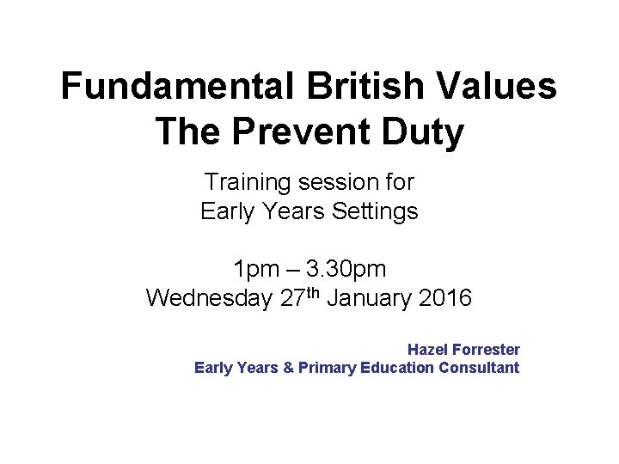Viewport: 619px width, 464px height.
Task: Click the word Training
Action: (x=248, y=183)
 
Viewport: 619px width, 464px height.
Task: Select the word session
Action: (x=332, y=183)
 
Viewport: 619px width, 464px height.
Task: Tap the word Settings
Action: (x=377, y=211)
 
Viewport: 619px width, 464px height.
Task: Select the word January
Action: (x=369, y=299)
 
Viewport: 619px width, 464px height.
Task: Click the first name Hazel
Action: (x=426, y=350)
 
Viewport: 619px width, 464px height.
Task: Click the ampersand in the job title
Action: (x=289, y=368)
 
